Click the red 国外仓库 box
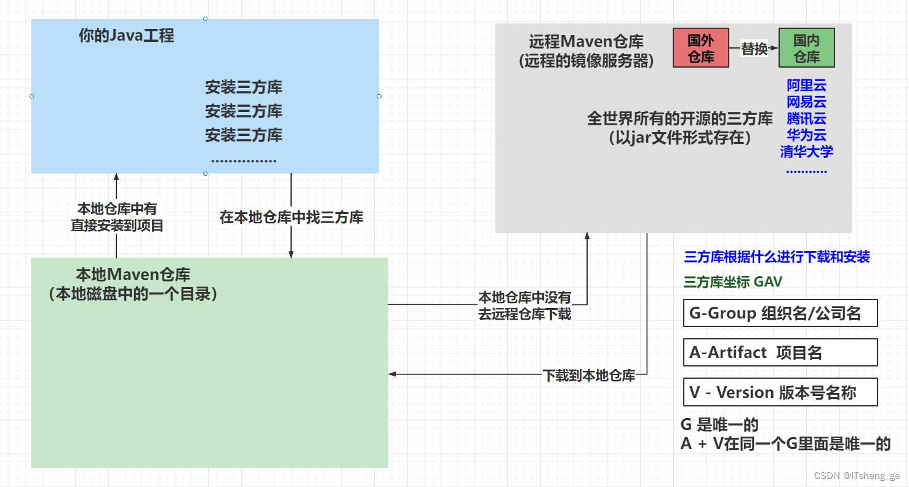click(x=700, y=48)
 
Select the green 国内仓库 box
click(x=806, y=48)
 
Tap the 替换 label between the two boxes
click(x=754, y=49)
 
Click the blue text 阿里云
click(x=806, y=85)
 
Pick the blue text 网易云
click(x=806, y=102)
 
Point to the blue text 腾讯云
click(x=806, y=119)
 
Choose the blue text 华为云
click(x=806, y=135)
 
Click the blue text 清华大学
click(x=806, y=151)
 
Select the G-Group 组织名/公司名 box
click(x=780, y=314)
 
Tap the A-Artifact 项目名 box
click(x=780, y=353)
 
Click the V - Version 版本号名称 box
click(x=780, y=392)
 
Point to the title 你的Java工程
click(x=126, y=36)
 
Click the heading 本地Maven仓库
click(x=133, y=274)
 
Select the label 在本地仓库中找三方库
click(x=291, y=217)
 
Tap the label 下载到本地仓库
click(x=588, y=375)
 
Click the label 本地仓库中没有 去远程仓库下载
click(x=524, y=306)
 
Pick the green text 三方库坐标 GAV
click(x=732, y=282)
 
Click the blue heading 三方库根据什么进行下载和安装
click(x=777, y=257)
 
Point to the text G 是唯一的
click(x=719, y=425)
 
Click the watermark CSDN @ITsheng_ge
click(x=857, y=476)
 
